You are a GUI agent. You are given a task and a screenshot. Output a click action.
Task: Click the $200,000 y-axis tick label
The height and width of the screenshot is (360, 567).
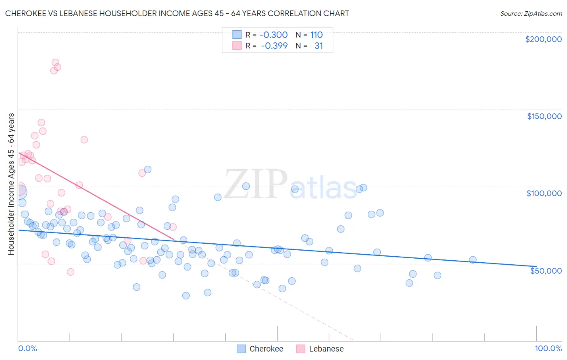pyautogui.click(x=543, y=39)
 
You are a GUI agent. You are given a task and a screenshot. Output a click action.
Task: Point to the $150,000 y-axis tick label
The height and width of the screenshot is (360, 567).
pyautogui.click(x=544, y=116)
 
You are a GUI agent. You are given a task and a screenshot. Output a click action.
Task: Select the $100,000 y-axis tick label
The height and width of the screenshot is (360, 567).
pyautogui.click(x=544, y=193)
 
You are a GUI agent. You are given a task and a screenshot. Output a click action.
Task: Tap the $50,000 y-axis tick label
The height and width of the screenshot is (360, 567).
pyautogui.click(x=546, y=270)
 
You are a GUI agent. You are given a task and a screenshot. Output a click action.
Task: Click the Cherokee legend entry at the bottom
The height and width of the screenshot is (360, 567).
pyautogui.click(x=266, y=349)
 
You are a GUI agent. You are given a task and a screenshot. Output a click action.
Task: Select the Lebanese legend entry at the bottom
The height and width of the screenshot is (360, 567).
pyautogui.click(x=326, y=349)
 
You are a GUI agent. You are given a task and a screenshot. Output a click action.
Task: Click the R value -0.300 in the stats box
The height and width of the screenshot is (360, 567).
pyautogui.click(x=273, y=35)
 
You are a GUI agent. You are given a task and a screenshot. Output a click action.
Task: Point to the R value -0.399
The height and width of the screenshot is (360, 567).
pyautogui.click(x=274, y=46)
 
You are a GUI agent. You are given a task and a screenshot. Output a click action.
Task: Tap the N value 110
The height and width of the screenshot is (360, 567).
pyautogui.click(x=317, y=35)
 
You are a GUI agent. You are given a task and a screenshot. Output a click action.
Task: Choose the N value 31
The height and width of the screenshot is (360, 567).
pyautogui.click(x=319, y=46)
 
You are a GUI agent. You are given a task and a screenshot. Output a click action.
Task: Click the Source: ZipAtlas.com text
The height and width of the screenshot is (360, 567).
pyautogui.click(x=531, y=13)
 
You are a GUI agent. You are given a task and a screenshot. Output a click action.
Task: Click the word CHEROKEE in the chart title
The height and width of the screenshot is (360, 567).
pyautogui.click(x=25, y=13)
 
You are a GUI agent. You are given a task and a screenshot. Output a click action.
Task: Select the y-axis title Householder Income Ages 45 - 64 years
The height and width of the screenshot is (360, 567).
pyautogui.click(x=11, y=184)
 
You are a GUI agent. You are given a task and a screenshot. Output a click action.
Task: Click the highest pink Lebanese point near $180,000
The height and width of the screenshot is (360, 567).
pyautogui.click(x=55, y=63)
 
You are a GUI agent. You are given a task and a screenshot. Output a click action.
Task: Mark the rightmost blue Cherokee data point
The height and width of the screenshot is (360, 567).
pyautogui.click(x=473, y=260)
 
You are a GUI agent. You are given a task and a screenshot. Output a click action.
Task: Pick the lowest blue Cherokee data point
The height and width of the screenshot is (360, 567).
pyautogui.click(x=186, y=295)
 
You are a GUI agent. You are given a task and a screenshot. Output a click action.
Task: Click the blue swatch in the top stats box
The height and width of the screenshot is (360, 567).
pyautogui.click(x=237, y=35)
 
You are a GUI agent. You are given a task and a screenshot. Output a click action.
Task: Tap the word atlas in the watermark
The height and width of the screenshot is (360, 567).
pyautogui.click(x=323, y=188)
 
